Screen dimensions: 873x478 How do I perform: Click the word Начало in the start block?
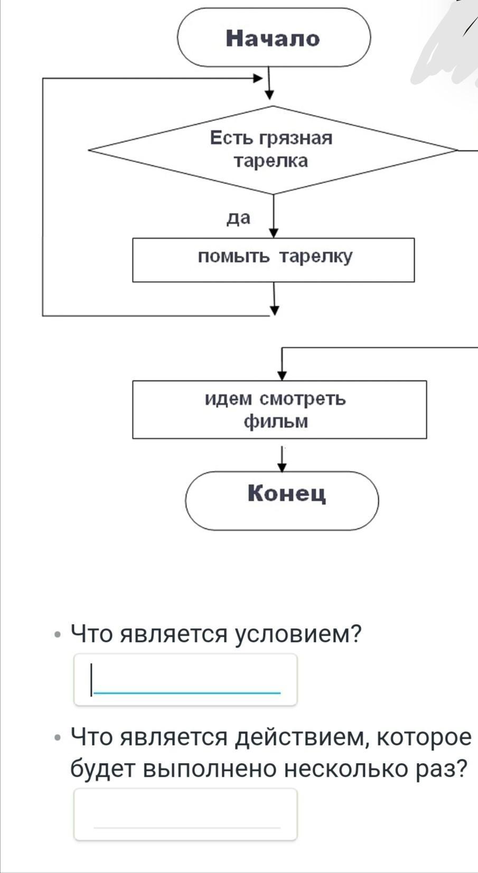point(273,39)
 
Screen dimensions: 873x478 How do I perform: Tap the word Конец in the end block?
point(287,494)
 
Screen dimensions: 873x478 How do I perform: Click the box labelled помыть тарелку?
point(273,260)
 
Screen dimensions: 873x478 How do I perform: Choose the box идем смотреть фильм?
point(279,410)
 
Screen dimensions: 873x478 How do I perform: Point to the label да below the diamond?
point(238,218)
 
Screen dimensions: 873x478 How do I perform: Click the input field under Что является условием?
point(185,680)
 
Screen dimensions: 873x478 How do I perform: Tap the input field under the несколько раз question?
point(185,814)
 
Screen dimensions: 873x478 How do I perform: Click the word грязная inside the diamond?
point(296,138)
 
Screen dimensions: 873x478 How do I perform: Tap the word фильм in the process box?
point(275,422)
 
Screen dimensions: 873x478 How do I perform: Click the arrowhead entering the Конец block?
point(283,467)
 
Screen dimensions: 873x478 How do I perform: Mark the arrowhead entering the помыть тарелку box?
point(274,233)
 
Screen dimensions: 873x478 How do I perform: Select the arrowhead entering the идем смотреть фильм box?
point(282,376)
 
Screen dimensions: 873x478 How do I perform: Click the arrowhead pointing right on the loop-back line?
point(258,79)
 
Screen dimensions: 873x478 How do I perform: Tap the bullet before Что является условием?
point(58,634)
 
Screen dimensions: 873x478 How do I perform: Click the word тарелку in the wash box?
point(315,257)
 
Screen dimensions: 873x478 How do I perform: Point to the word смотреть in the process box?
point(303,398)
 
